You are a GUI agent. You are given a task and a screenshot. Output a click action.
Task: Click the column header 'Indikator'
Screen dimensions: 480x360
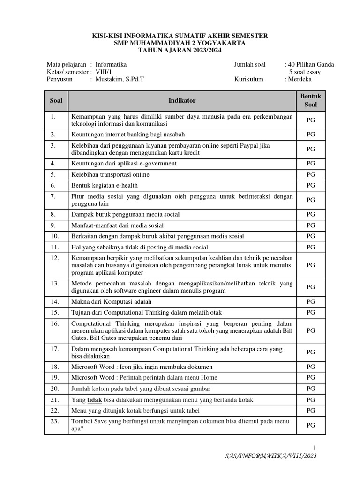182,100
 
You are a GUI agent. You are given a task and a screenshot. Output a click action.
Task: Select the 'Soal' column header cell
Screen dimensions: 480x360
56,100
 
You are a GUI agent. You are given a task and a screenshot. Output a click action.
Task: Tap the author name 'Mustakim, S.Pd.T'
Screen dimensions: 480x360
120,79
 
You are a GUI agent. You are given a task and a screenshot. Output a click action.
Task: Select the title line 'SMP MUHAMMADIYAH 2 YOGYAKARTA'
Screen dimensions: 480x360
180,43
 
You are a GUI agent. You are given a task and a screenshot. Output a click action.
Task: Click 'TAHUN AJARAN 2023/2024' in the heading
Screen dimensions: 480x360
180,50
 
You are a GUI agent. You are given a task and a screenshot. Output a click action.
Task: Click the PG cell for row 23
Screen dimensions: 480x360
310,425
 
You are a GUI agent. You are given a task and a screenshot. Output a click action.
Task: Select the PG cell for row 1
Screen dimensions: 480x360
310,120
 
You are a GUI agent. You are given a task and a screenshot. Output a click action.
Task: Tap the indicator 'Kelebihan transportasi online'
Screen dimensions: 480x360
110,174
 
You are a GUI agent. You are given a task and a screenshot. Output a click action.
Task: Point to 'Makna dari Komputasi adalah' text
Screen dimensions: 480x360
111,301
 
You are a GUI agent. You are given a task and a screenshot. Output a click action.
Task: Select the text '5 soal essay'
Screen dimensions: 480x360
305,72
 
